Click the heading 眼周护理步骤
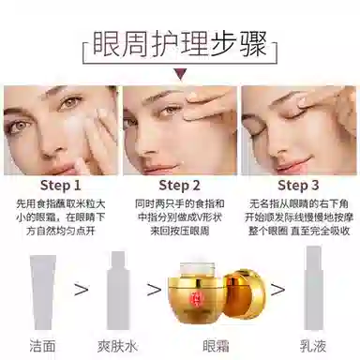179,44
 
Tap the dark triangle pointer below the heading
180,73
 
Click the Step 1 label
61,186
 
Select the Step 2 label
179,186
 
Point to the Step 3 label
298,186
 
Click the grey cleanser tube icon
43,292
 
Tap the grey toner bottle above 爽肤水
118,291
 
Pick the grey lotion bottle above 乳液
313,288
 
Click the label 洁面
43,346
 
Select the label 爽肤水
117,346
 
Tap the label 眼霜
217,346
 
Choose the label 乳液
313,346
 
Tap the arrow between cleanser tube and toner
82,290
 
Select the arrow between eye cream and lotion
277,290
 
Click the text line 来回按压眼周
179,232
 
